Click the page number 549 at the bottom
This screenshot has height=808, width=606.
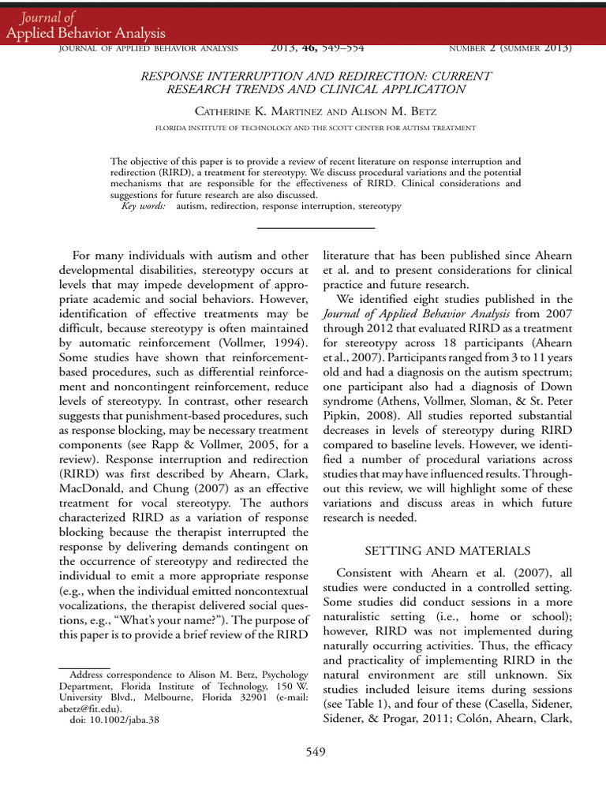tap(316, 752)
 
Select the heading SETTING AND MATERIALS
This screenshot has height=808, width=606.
tap(447, 550)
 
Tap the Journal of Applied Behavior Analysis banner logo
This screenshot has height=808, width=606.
tap(84, 25)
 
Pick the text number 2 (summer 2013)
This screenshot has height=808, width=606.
tap(510, 48)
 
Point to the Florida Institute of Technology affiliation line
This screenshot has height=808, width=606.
tap(315, 127)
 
